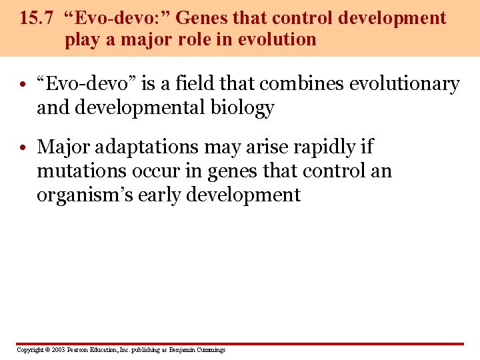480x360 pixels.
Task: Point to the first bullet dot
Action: pos(23,85)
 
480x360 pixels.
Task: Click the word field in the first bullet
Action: pos(205,84)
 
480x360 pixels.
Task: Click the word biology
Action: pos(243,108)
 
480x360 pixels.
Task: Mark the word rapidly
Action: pos(323,147)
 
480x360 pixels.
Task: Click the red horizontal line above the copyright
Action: pos(240,344)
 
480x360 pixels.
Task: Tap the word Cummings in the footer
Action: pos(211,350)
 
